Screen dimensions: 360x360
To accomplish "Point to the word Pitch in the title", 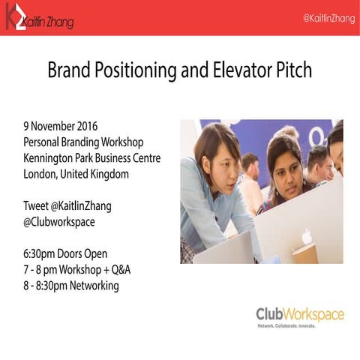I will pyautogui.click(x=292, y=72).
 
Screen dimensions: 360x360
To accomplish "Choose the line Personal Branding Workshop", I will pyautogui.click(x=84, y=142).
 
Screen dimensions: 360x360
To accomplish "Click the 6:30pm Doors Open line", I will pyautogui.click(x=65, y=254).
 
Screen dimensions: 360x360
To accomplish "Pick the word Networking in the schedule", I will pyautogui.click(x=91, y=286).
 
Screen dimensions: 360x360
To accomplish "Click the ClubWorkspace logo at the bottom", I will pyautogui.click(x=299, y=313).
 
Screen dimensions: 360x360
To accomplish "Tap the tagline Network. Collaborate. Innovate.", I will pyautogui.click(x=287, y=326).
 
